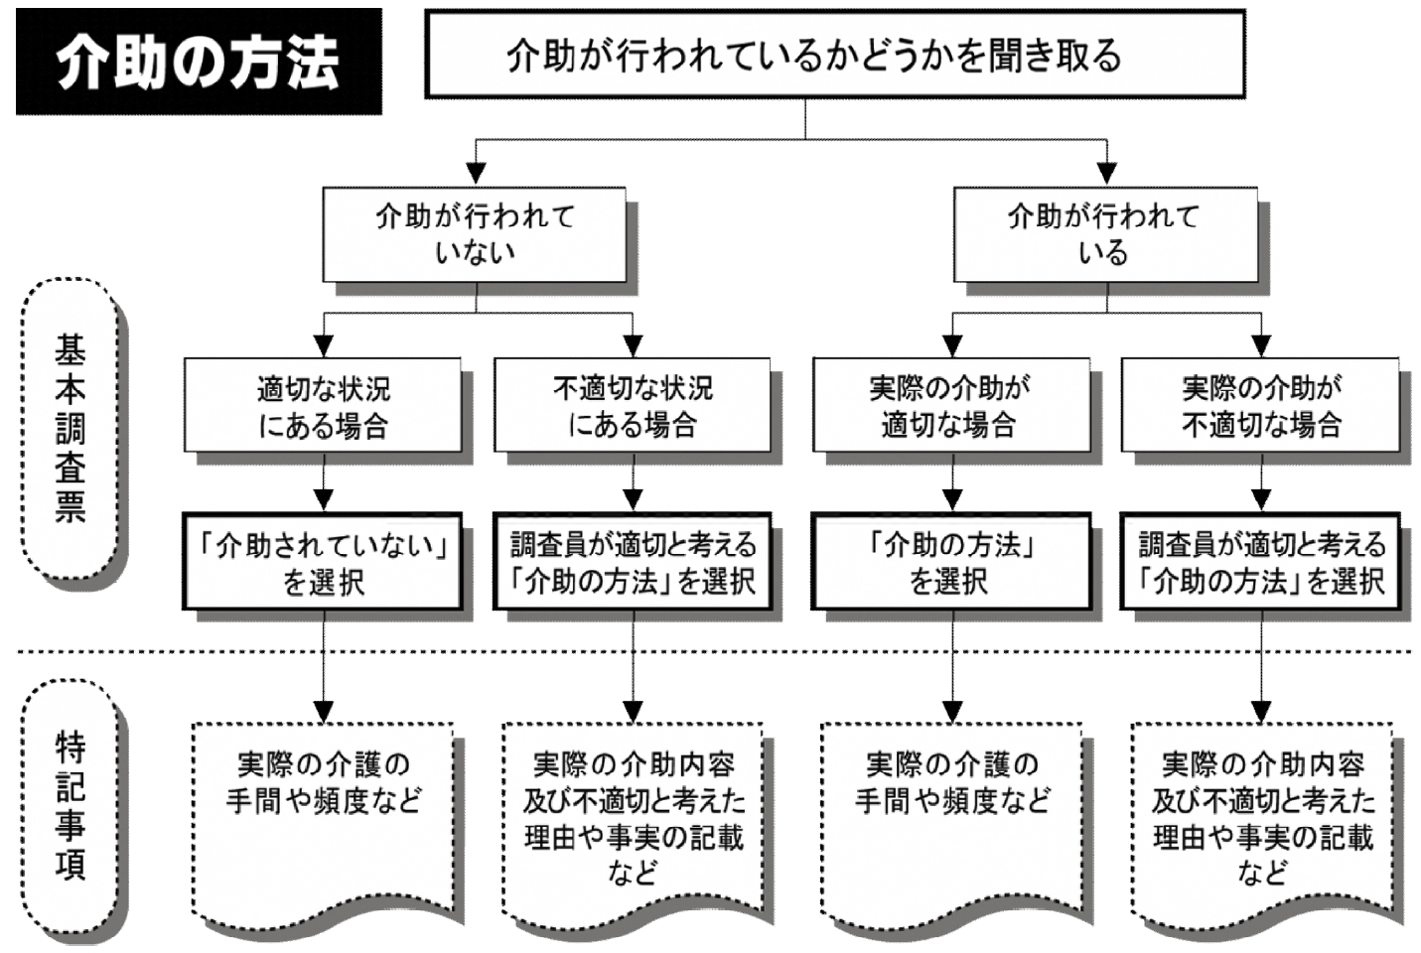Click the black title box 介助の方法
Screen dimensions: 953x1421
pos(199,62)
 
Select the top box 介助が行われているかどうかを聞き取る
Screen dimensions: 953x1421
pos(834,55)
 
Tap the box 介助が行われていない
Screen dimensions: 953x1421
pos(474,234)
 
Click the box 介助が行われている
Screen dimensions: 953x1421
pos(1104,234)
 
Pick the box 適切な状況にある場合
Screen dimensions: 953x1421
pos(323,407)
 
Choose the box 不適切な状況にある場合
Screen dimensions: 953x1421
pos(633,407)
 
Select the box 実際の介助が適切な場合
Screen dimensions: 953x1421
pos(950,407)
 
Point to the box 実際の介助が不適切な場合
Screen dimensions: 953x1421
pos(1261,407)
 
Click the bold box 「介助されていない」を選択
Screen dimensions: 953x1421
pos(323,562)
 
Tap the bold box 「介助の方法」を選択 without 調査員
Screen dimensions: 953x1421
pos(950,562)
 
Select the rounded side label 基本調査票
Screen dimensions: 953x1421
pos(70,429)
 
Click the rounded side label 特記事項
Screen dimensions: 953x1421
pos(70,806)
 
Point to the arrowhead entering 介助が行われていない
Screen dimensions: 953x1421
pos(476,175)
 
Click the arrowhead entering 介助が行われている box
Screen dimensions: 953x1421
pos(1106,175)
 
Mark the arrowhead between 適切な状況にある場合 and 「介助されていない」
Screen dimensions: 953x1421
pos(324,499)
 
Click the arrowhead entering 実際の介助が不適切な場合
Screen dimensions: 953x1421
pos(1261,346)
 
